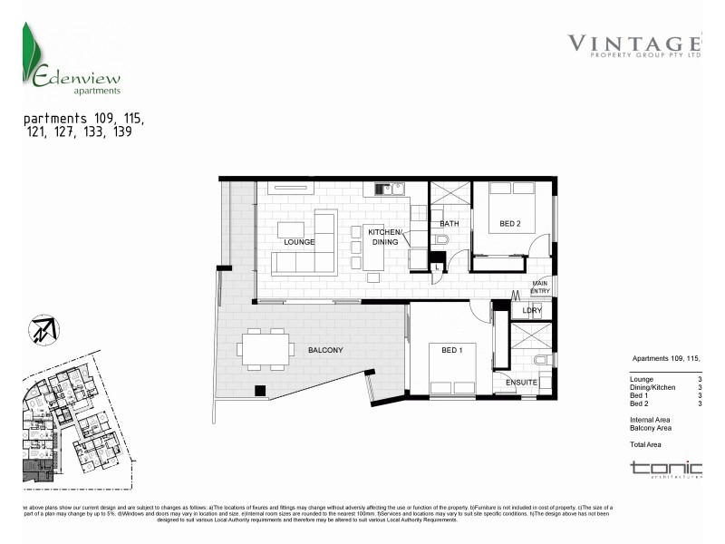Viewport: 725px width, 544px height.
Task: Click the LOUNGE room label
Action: [299, 242]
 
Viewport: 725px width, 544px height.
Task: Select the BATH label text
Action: [449, 223]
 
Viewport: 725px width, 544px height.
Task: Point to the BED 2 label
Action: [510, 223]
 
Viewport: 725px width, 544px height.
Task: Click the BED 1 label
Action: [451, 350]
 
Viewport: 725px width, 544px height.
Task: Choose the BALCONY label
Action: [324, 350]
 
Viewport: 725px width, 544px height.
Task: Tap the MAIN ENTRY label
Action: [539, 287]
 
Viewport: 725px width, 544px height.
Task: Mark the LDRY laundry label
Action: [532, 311]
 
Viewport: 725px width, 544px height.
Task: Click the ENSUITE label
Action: [522, 383]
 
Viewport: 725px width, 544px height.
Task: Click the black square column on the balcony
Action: [260, 391]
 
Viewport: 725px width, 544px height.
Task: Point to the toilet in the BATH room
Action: [440, 240]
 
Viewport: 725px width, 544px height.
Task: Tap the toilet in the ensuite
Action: [542, 360]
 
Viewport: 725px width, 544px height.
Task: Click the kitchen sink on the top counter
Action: [382, 189]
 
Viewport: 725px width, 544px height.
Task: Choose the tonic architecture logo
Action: [666, 469]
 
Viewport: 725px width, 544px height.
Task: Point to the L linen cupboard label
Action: [438, 266]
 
